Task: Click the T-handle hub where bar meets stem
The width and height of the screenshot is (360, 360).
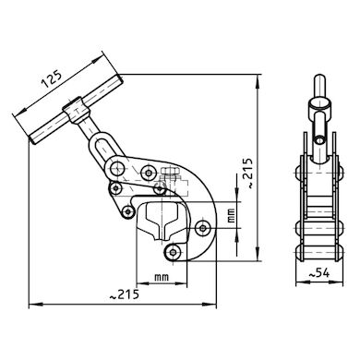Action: coord(71,115)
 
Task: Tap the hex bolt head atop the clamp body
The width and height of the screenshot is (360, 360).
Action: coord(172,173)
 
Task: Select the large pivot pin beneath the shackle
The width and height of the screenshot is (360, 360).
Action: coord(119,169)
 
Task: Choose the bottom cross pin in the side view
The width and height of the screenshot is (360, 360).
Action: coord(317,249)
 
